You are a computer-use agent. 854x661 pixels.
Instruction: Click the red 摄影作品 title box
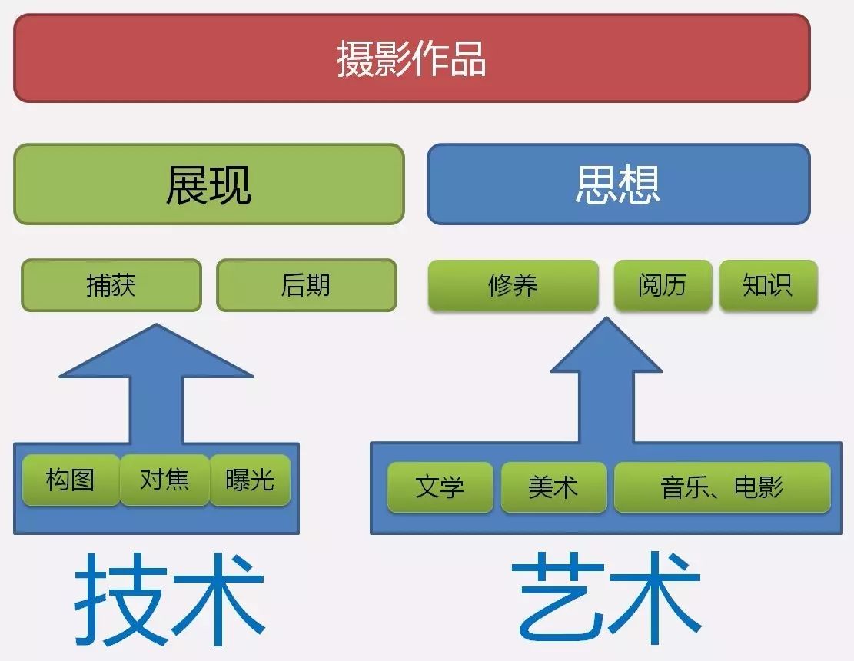pyautogui.click(x=412, y=58)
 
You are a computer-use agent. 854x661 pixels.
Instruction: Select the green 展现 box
pyautogui.click(x=208, y=184)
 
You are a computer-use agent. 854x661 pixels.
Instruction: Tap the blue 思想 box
pyautogui.click(x=618, y=184)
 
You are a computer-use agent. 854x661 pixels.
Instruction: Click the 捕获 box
pyautogui.click(x=111, y=285)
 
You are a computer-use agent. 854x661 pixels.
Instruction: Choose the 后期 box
pyautogui.click(x=306, y=285)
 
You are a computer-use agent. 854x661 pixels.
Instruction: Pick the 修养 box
pyautogui.click(x=513, y=285)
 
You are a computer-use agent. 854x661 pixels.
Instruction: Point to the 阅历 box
pyautogui.click(x=663, y=285)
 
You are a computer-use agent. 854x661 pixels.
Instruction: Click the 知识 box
pyautogui.click(x=768, y=285)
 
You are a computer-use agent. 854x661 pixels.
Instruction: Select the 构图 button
pyautogui.click(x=71, y=480)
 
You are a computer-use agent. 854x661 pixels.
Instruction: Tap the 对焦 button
pyautogui.click(x=164, y=480)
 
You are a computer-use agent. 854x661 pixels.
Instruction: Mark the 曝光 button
pyautogui.click(x=250, y=480)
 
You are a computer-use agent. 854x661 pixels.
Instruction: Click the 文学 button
pyautogui.click(x=440, y=487)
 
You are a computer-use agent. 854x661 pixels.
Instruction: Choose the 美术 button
pyautogui.click(x=553, y=487)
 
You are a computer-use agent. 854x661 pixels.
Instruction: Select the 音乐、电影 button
pyautogui.click(x=722, y=487)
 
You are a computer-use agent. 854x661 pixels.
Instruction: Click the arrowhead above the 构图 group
pyautogui.click(x=157, y=357)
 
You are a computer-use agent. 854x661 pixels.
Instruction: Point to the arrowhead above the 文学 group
pyautogui.click(x=606, y=350)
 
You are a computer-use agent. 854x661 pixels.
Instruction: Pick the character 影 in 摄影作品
pyautogui.click(x=393, y=59)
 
